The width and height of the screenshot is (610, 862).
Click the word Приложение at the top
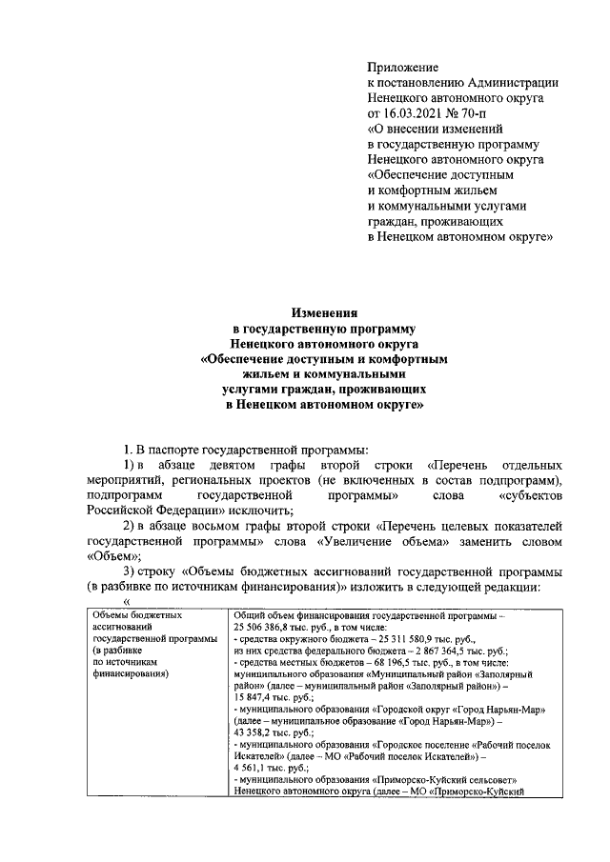[x=403, y=67]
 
